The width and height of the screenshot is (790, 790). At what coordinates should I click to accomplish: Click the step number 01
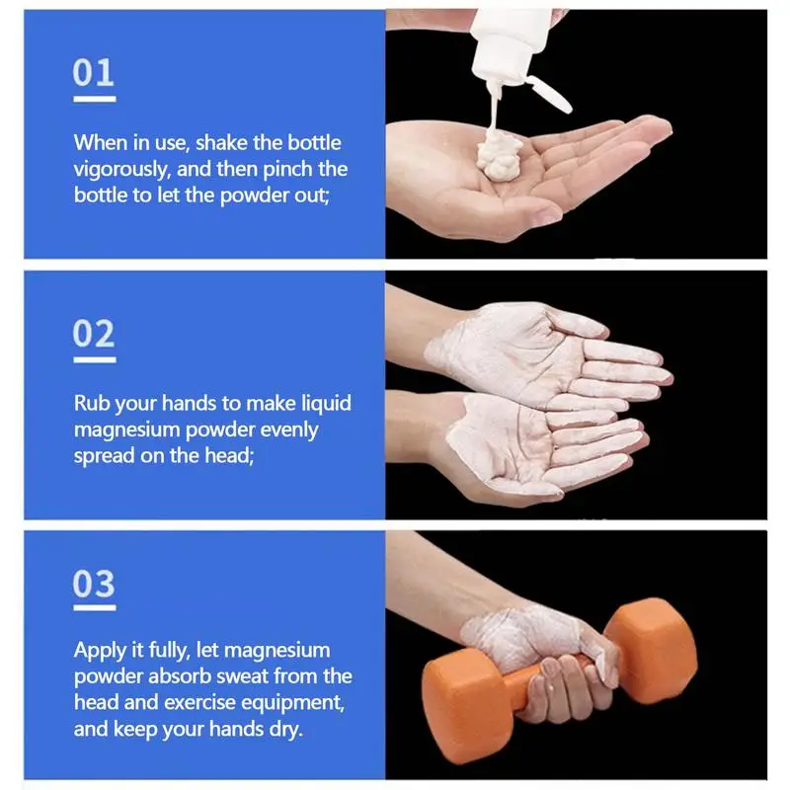pos(94,73)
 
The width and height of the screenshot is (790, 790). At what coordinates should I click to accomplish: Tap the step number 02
pos(94,334)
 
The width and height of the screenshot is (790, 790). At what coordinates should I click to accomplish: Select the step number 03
pos(94,584)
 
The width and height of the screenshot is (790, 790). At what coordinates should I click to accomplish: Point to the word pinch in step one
pos(265,169)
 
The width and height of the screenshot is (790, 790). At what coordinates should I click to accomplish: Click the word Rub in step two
pos(92,404)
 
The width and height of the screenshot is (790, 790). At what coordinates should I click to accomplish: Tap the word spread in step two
pos(103,455)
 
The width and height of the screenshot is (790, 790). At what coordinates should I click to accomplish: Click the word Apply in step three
pos(99,651)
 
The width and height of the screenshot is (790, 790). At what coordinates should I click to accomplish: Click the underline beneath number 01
pos(94,99)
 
